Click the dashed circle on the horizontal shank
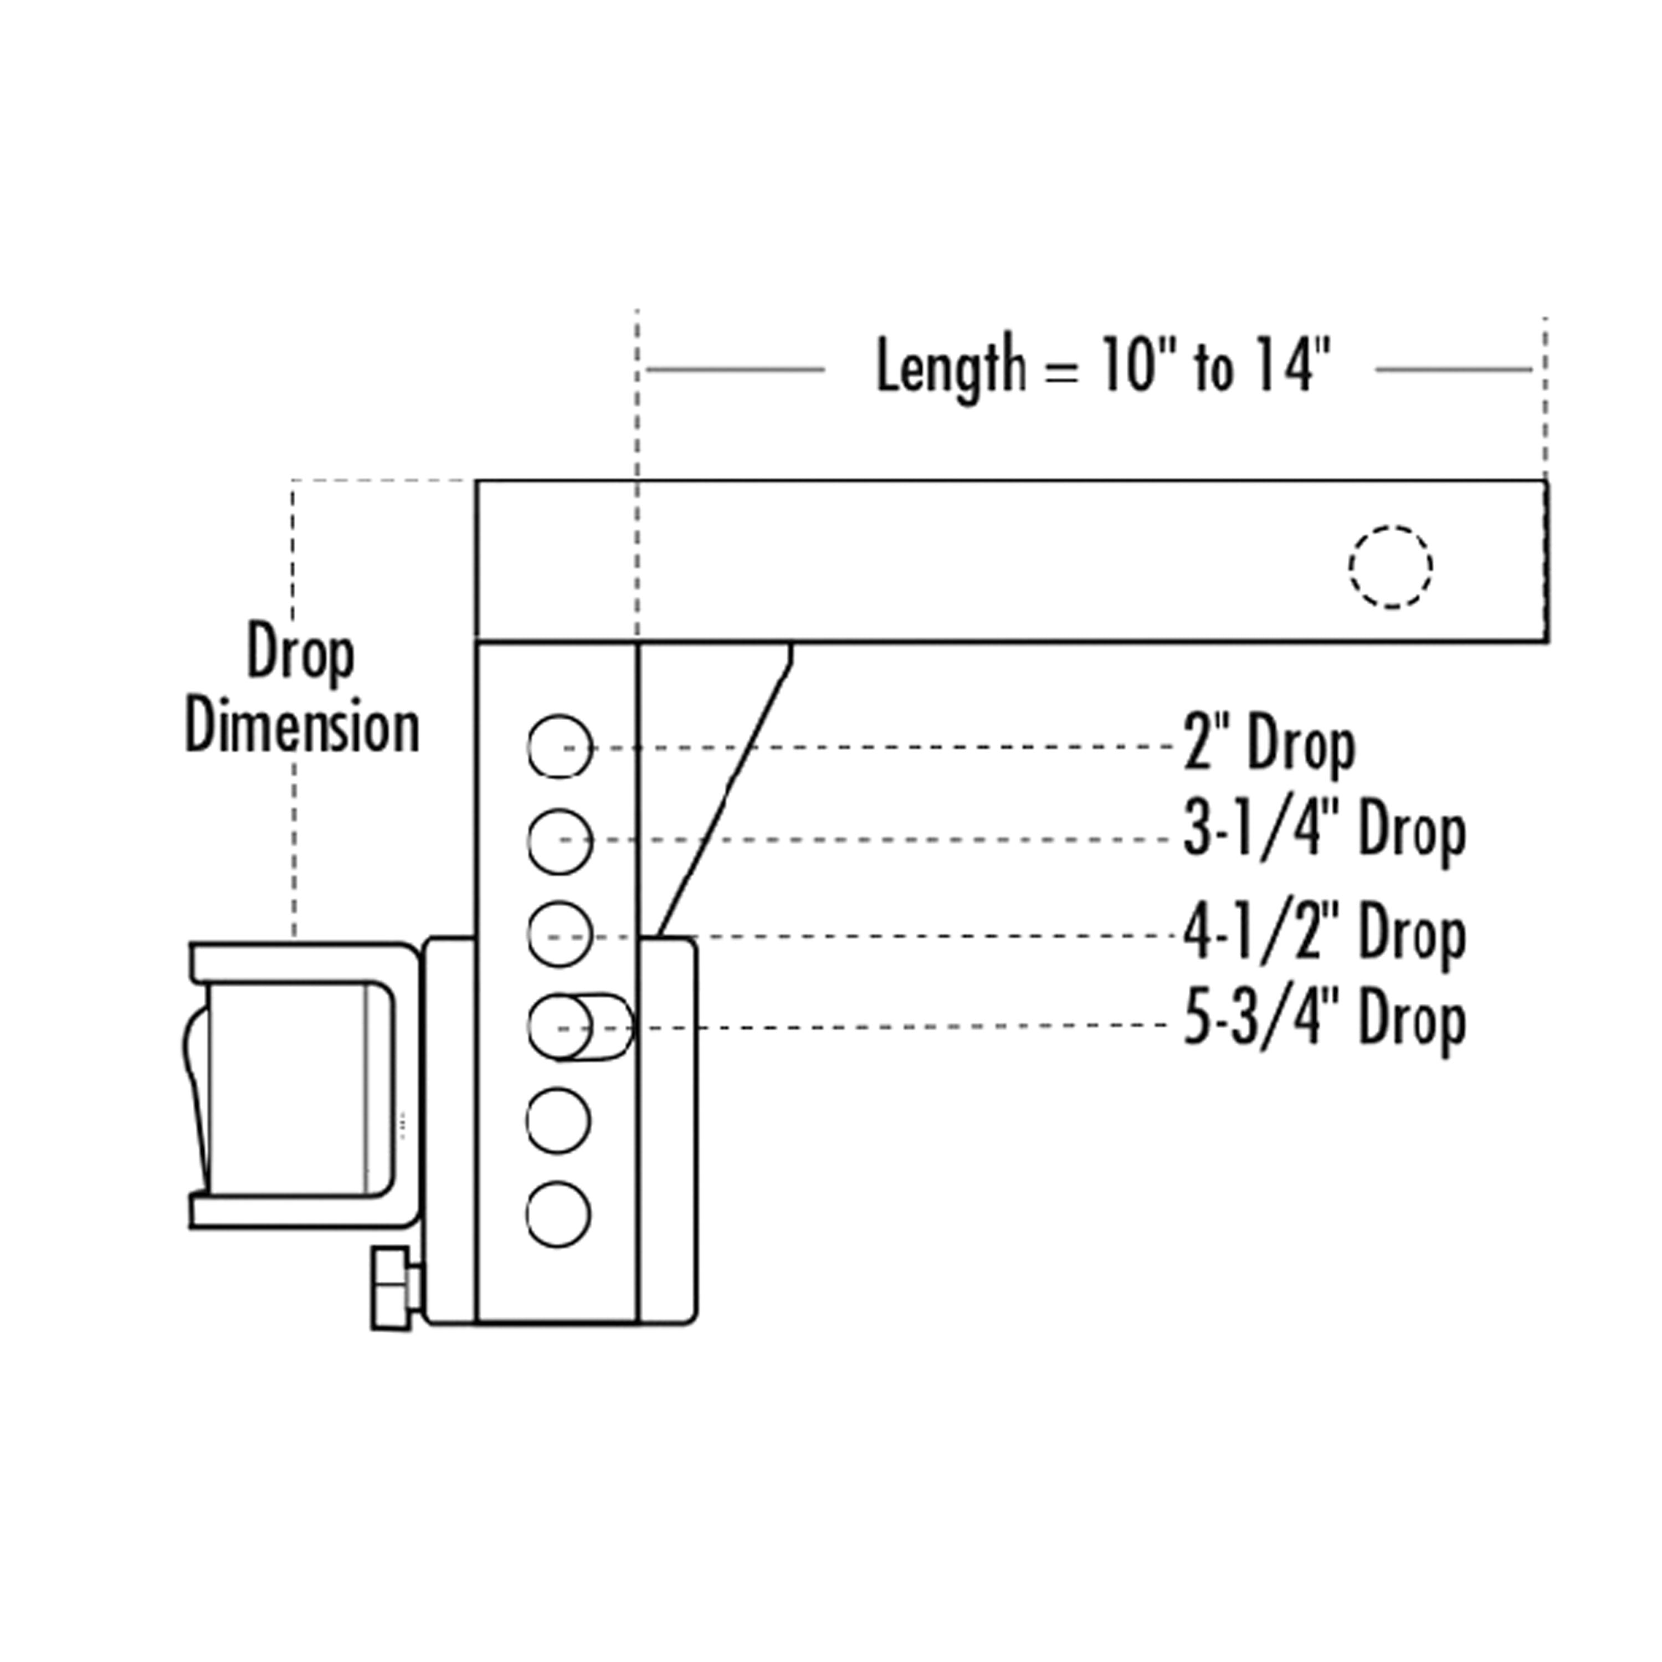1350,566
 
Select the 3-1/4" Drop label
1325,832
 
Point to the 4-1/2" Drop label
1325,934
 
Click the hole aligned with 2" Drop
560,747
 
